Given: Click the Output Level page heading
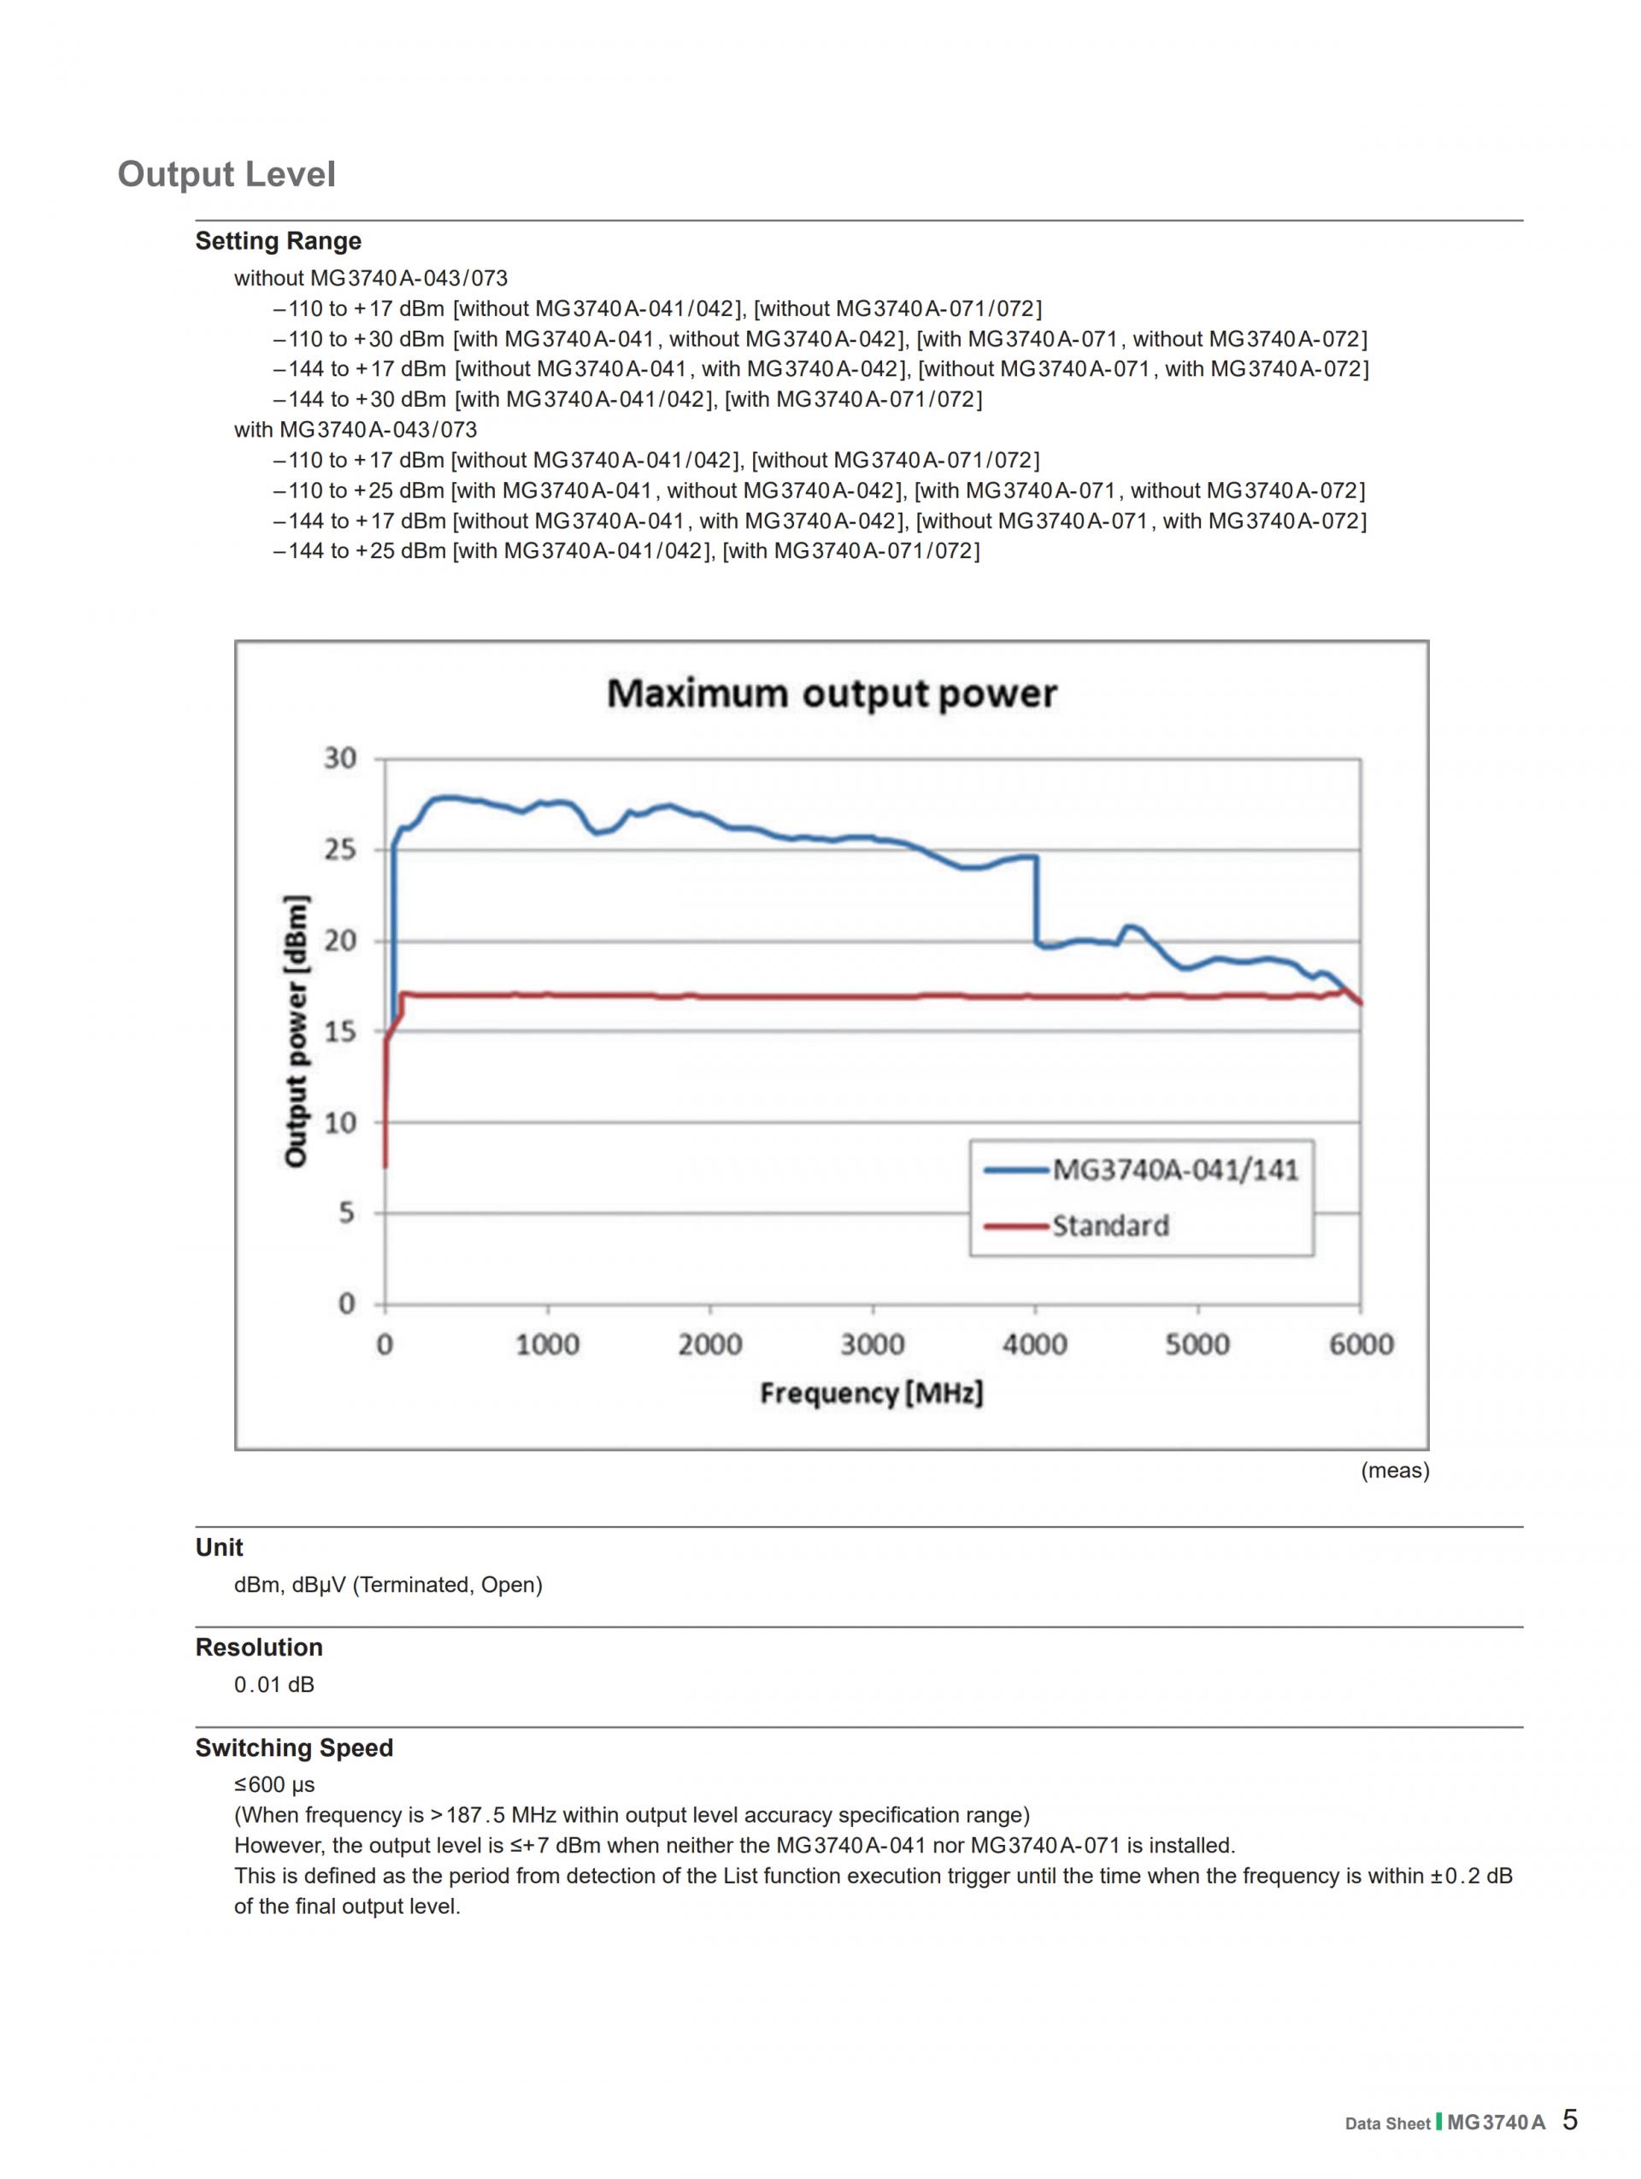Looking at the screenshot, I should click(226, 174).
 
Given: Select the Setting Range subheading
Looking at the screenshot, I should click(278, 241).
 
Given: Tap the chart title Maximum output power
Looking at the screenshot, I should click(832, 694).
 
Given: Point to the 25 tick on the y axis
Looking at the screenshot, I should click(340, 849).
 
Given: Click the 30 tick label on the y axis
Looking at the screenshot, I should click(340, 759).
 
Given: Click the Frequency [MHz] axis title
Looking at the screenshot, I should click(872, 1393).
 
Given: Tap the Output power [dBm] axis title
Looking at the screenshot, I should click(296, 1031).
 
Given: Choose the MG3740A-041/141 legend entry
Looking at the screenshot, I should click(1175, 1171).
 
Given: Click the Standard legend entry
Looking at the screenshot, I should click(1110, 1226).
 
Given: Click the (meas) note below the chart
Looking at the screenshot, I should click(1395, 1471).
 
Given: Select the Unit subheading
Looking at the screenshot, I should click(219, 1548).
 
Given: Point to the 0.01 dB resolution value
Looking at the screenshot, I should click(273, 1684).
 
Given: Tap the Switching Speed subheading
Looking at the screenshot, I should click(293, 1747).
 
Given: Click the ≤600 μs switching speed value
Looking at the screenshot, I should click(273, 1784).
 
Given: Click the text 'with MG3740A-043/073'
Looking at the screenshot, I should click(355, 430).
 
